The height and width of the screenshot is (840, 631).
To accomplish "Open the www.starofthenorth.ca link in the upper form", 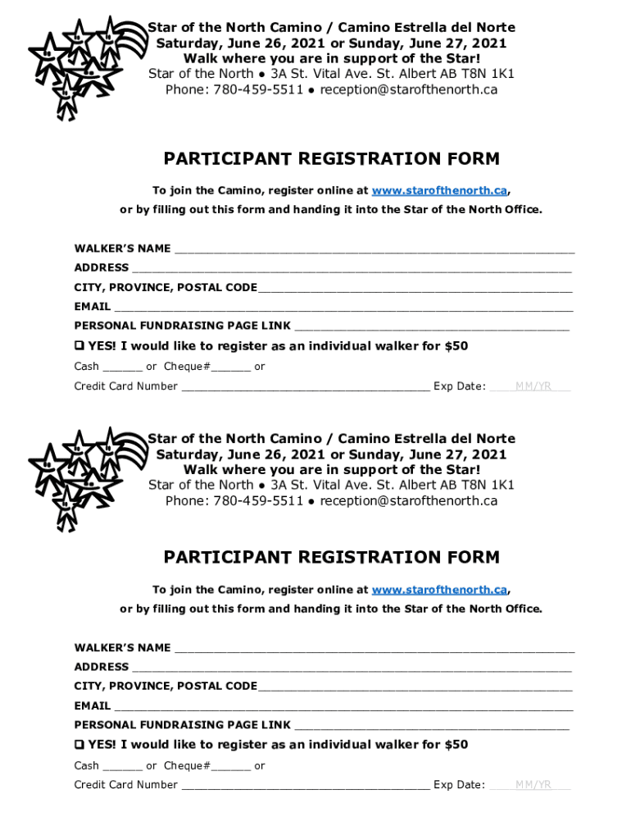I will point(439,190).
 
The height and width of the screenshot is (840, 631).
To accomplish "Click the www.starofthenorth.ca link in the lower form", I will point(439,590).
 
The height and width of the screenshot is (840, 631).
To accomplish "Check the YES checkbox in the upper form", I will point(79,346).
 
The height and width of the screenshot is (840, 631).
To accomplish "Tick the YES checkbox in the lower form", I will point(79,745).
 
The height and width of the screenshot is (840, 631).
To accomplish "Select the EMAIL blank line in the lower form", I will point(343,706).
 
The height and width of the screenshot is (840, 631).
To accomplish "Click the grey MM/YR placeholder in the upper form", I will point(533,386).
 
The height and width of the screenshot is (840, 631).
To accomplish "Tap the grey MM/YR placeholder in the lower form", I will point(533,785).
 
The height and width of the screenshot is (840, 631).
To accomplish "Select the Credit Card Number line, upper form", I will point(305,387).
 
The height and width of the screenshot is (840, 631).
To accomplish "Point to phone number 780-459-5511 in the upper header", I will point(258,89).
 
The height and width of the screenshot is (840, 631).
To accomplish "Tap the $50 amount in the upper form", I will point(456,346).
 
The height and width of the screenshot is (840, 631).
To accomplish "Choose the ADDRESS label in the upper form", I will point(102,267).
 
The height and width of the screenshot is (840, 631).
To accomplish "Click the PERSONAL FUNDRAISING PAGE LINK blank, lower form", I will point(431,726).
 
